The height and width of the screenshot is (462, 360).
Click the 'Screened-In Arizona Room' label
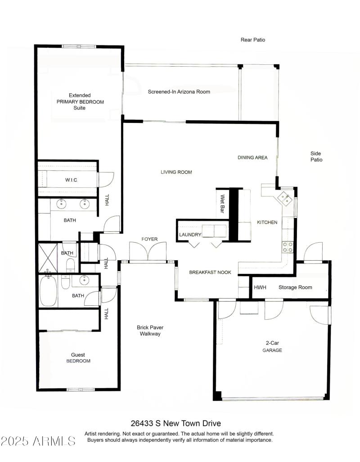[179, 92]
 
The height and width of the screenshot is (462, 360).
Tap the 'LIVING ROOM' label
[176, 172]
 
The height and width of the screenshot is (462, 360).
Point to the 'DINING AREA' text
[252, 158]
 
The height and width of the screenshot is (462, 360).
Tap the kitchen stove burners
[287, 246]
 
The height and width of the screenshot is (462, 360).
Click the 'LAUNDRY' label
[190, 235]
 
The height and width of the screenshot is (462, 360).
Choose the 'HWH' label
[260, 287]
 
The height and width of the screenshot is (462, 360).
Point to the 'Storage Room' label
[295, 287]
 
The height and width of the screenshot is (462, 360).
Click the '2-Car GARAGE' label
[273, 346]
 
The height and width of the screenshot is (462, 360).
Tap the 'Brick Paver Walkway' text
[150, 331]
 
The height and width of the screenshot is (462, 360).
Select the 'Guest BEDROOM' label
[78, 358]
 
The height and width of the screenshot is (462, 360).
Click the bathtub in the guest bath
[49, 290]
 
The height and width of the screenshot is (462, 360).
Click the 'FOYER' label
[149, 239]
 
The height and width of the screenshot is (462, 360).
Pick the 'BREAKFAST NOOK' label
[210, 272]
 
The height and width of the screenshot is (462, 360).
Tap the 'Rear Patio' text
[253, 40]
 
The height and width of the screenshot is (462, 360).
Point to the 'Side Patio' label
[316, 156]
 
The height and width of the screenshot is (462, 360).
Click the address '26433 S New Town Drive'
[176, 423]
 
